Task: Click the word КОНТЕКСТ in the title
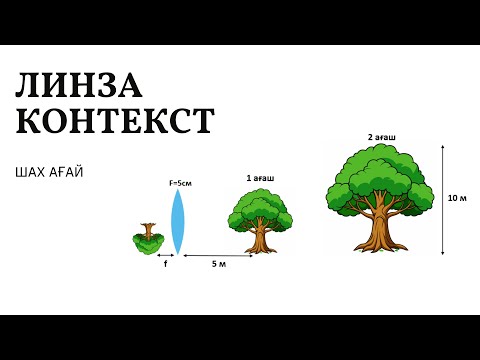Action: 115,121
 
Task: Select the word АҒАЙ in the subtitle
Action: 67,172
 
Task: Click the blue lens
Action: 178,221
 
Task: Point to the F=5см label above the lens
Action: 179,183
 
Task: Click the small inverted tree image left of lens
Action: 149,237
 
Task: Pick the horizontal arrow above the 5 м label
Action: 218,256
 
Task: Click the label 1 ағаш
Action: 260,178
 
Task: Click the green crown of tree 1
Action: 260,207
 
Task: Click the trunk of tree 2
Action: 381,228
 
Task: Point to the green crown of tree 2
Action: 381,175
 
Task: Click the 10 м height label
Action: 457,198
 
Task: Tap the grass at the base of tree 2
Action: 381,248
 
